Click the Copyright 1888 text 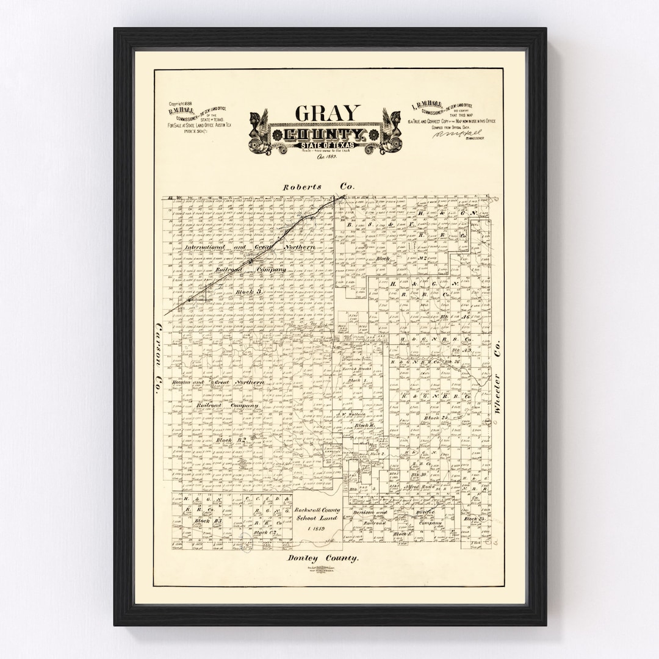click(181, 104)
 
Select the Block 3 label click(248, 292)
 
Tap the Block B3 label click(201, 521)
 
